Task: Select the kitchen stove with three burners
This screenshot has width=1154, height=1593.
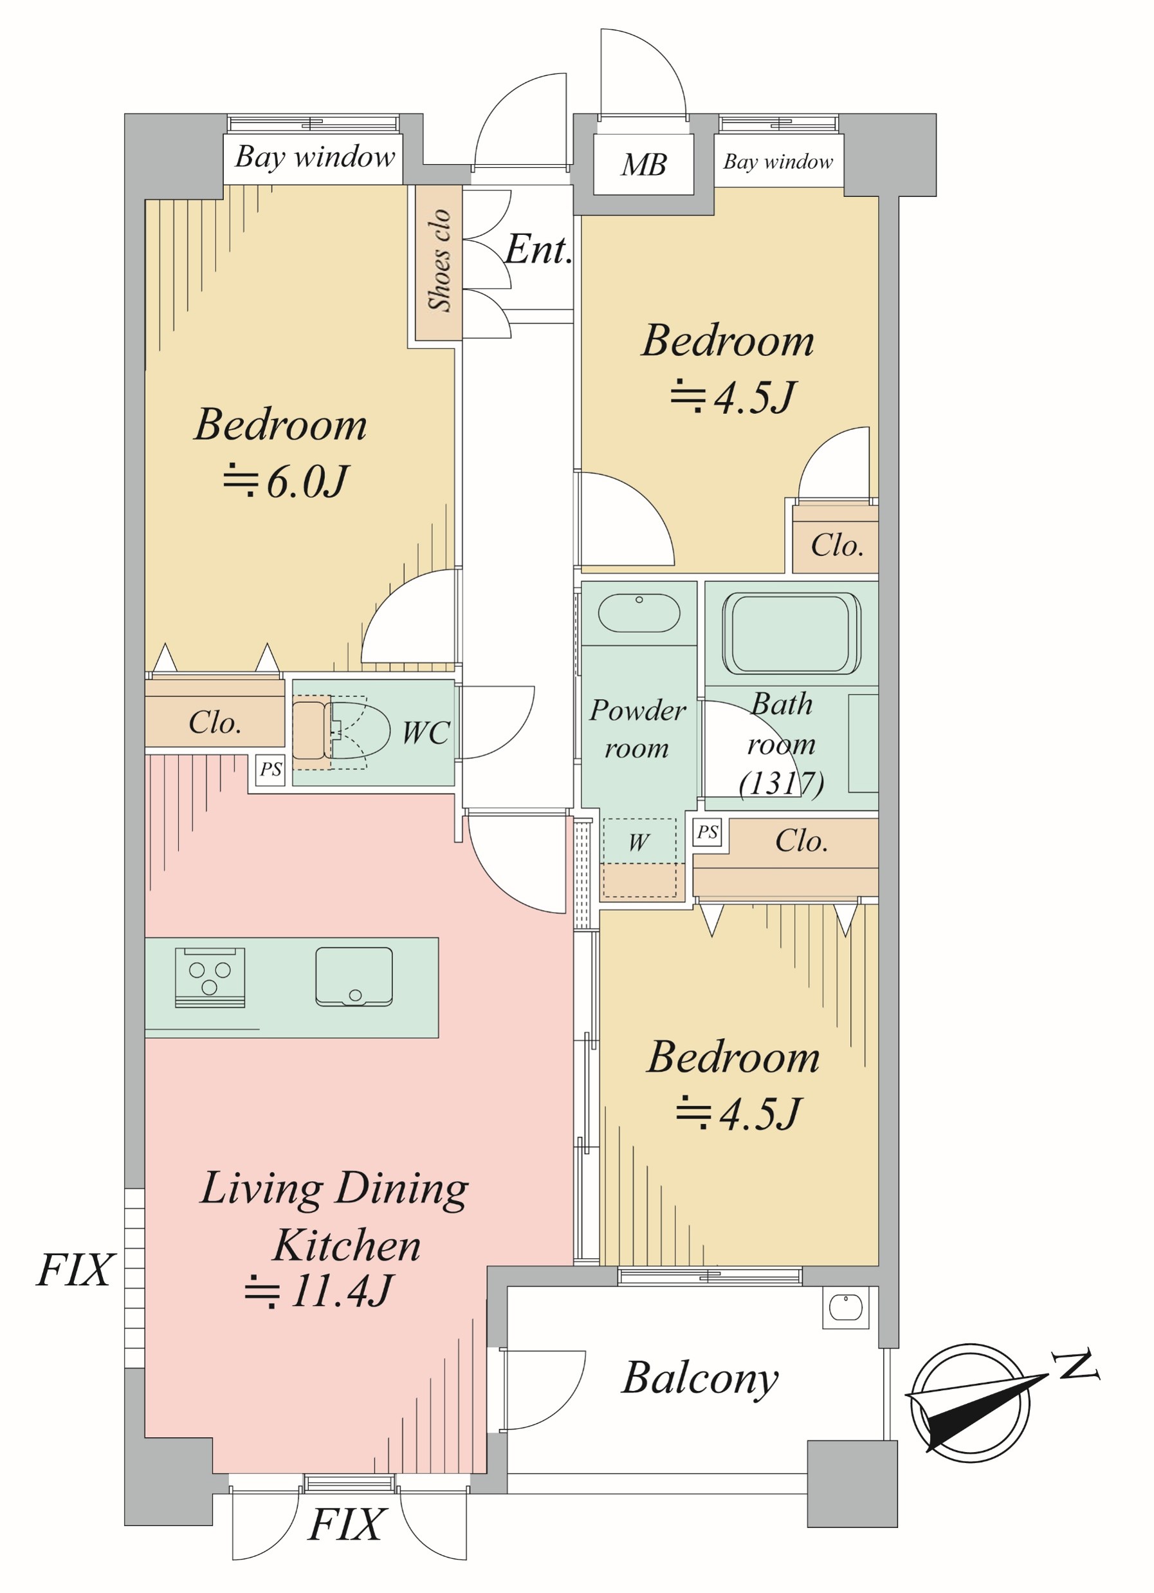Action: pyautogui.click(x=210, y=978)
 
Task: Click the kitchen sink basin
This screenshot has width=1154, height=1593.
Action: pyautogui.click(x=354, y=976)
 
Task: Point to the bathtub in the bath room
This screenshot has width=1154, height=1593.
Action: pyautogui.click(x=792, y=633)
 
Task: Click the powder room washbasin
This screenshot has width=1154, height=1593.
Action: pyautogui.click(x=639, y=613)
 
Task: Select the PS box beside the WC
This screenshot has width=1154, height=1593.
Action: pyautogui.click(x=270, y=769)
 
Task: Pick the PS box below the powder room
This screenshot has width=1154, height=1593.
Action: pyautogui.click(x=707, y=832)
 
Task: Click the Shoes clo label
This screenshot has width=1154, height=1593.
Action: pyautogui.click(x=439, y=260)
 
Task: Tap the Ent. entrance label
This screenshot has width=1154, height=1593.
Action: pyautogui.click(x=538, y=249)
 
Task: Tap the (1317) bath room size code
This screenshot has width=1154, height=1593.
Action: pyautogui.click(x=782, y=783)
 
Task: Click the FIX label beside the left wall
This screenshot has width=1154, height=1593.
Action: pyautogui.click(x=75, y=1270)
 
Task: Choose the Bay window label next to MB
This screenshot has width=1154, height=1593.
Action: pyautogui.click(x=778, y=162)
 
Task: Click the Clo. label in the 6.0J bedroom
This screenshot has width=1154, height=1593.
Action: pyautogui.click(x=215, y=723)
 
